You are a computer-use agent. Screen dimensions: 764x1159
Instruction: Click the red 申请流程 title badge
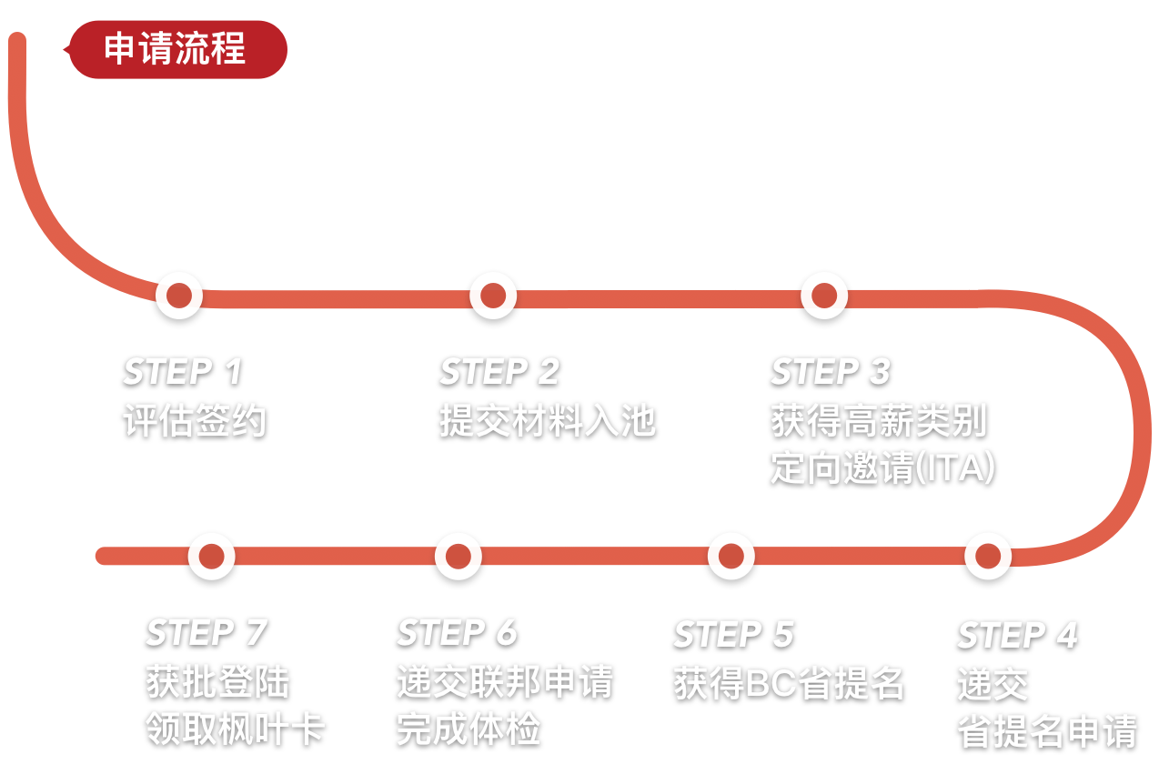point(176,49)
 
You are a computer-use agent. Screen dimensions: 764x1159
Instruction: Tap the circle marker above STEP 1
point(179,295)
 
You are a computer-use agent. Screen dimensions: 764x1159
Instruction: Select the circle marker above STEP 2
point(493,295)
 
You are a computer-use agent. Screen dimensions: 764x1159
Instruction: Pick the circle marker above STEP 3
point(824,295)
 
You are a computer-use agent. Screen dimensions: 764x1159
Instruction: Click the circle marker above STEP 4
point(988,556)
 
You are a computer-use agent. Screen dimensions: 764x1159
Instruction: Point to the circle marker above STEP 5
point(731,556)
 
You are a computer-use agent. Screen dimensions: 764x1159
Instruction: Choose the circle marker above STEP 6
point(459,556)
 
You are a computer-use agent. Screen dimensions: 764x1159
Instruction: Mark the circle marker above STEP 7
point(212,556)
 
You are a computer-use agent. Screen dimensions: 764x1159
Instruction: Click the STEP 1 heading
point(183,371)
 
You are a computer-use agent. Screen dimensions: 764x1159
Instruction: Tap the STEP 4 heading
point(1017,635)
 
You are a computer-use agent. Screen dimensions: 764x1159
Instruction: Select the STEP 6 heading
point(457,632)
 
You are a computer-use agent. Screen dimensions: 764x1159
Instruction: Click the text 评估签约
point(195,421)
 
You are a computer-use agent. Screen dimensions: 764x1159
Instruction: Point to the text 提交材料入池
point(548,421)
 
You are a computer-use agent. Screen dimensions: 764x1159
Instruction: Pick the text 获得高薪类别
point(879,421)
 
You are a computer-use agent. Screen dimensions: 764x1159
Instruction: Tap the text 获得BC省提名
point(789,683)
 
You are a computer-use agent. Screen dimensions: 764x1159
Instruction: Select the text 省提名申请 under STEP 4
point(1047,731)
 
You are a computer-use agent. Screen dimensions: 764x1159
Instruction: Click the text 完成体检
point(469,729)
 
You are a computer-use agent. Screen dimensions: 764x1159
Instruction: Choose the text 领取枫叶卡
point(236,729)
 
